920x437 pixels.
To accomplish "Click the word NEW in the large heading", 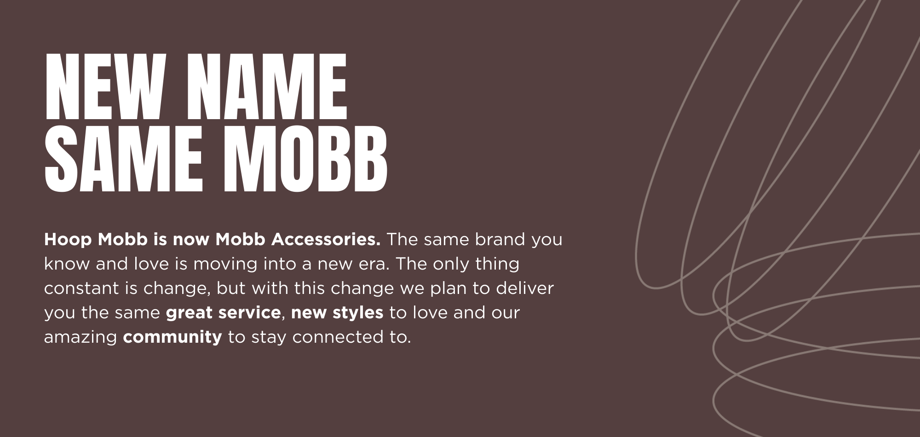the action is pyautogui.click(x=105, y=86).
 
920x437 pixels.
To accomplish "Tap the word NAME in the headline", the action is pyautogui.click(x=267, y=86).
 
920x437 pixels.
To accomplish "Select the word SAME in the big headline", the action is pyautogui.click(x=124, y=159).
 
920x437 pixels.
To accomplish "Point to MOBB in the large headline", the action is pyautogui.click(x=305, y=159).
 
